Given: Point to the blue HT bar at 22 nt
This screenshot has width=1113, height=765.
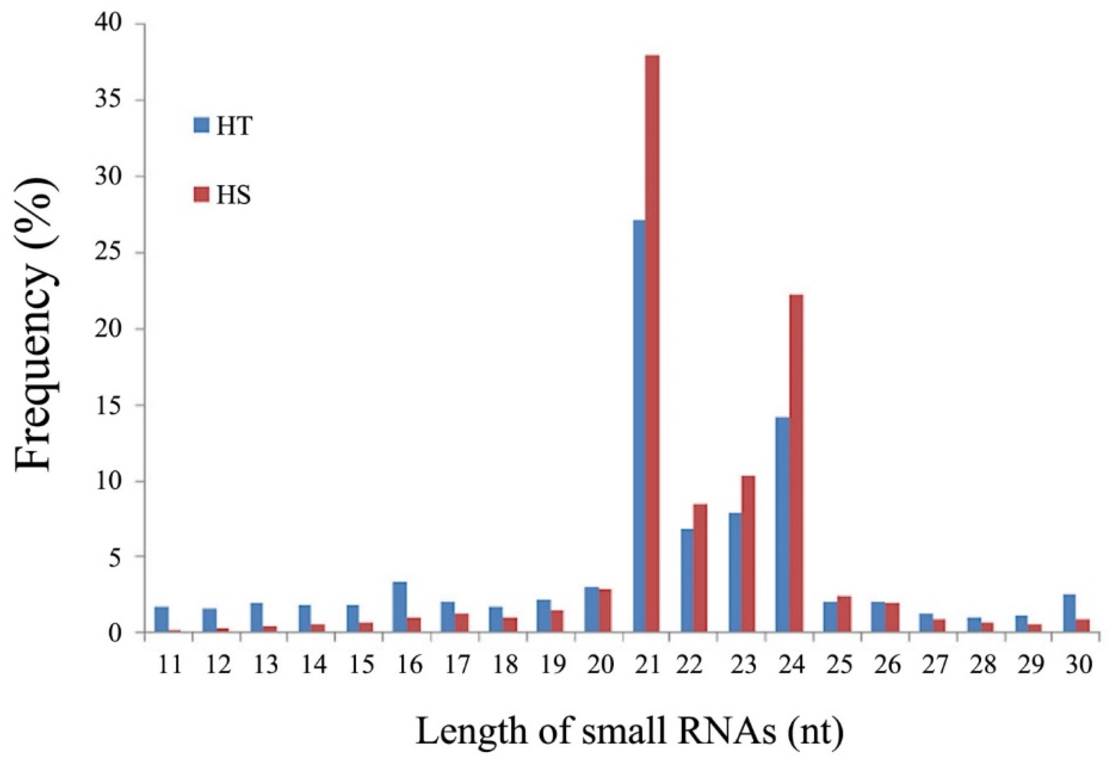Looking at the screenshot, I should point(687,581).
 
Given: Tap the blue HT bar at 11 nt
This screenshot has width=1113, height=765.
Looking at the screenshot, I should point(162,619).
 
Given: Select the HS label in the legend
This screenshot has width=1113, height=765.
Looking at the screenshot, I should point(233,196).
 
